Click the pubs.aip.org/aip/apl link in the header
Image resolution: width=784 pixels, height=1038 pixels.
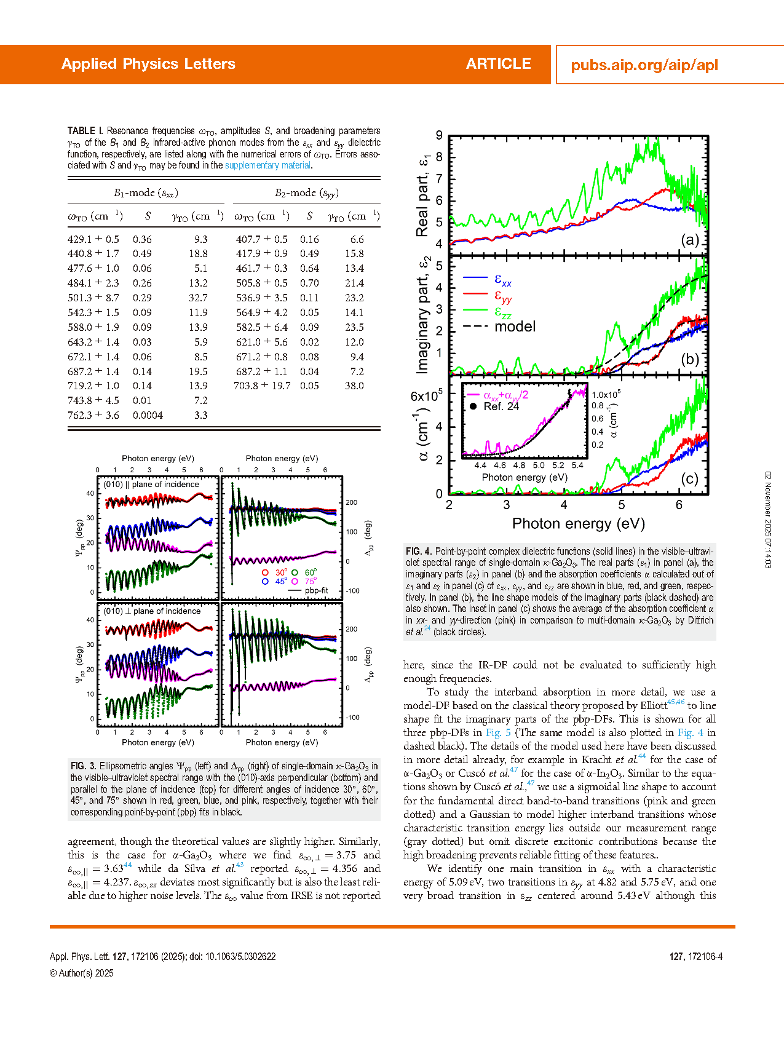point(644,65)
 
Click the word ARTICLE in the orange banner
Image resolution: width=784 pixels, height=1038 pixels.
point(498,64)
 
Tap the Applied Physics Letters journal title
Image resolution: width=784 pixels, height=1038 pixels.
point(148,64)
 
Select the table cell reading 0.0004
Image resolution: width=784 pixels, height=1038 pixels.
point(148,416)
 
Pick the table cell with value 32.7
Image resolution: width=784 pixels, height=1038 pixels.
point(198,298)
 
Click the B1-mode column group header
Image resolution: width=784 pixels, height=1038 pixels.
point(146,193)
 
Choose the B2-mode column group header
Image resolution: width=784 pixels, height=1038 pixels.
point(306,193)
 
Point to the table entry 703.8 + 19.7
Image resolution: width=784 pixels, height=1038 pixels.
point(261,386)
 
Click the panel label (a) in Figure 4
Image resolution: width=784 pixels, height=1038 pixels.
point(689,240)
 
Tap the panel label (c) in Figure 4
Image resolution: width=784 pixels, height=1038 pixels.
point(689,479)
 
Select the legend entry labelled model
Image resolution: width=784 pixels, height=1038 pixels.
point(515,327)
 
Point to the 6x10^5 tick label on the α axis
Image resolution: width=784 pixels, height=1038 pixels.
point(426,396)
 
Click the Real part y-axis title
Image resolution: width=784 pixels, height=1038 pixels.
point(423,196)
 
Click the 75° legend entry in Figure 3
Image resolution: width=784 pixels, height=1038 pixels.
point(310,581)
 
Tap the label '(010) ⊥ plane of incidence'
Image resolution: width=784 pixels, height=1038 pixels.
point(152,611)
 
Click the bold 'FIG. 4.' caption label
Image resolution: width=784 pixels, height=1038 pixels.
point(419,552)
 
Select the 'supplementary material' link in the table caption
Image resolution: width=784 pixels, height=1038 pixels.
point(267,165)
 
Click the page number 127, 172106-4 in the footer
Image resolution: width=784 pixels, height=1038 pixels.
point(695,957)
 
